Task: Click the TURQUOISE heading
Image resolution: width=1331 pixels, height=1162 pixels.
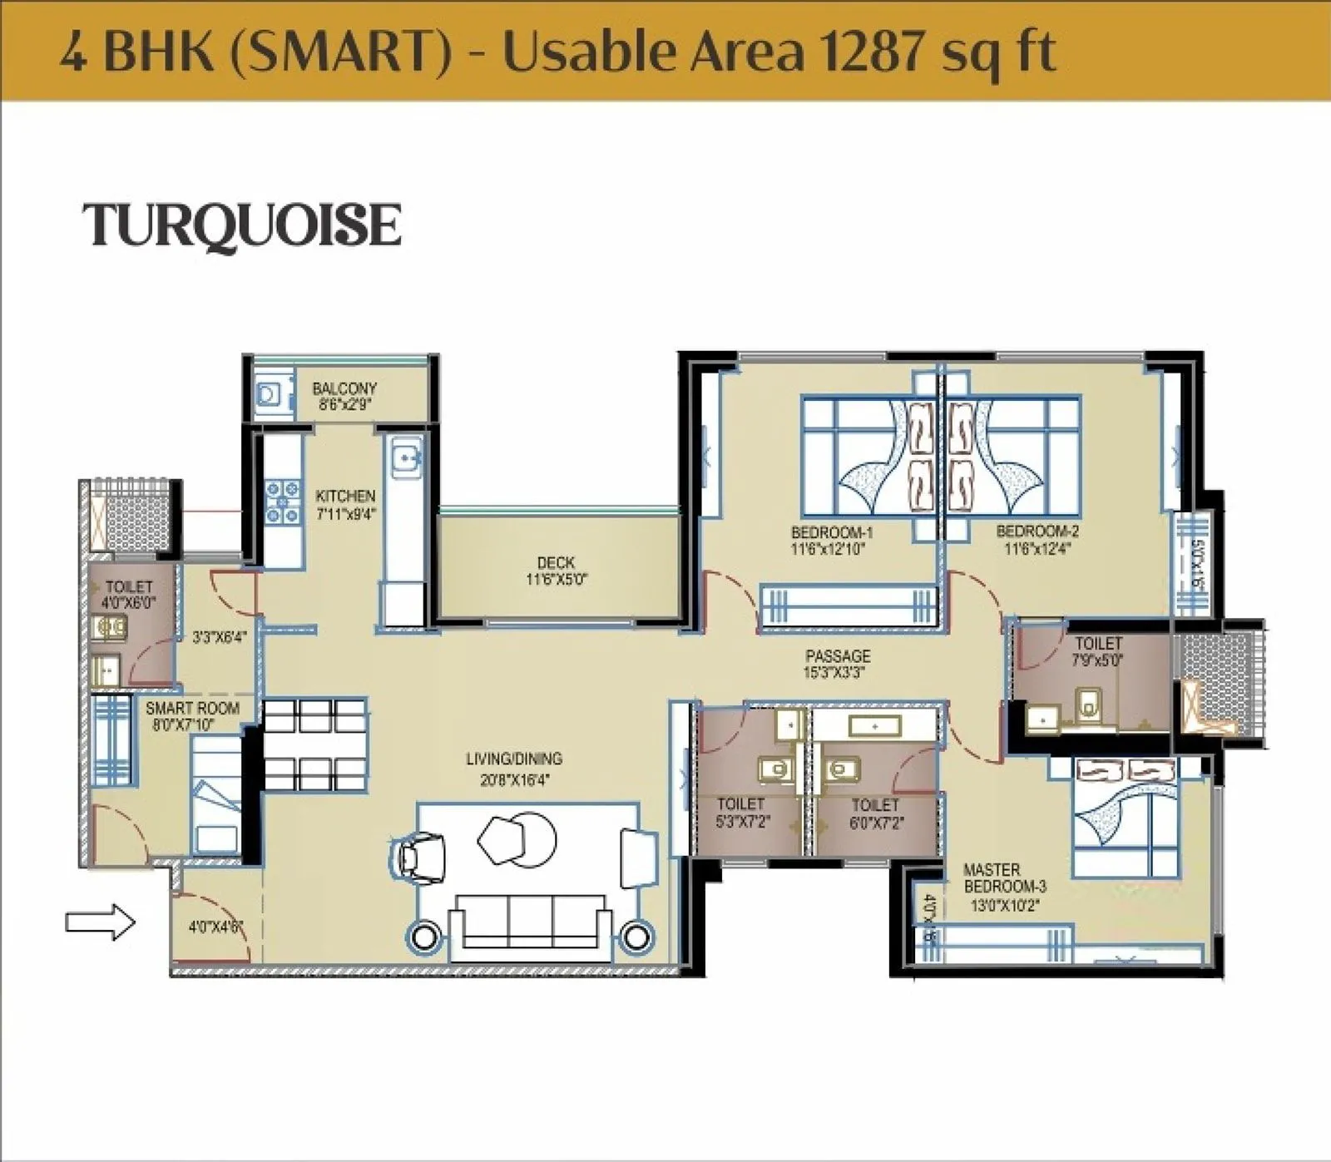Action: [x=241, y=225]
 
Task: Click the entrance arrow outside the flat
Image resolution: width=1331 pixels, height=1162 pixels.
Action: [x=100, y=922]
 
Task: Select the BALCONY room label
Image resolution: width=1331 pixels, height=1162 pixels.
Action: [x=344, y=388]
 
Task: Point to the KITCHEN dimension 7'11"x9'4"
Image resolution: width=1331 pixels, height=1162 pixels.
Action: [x=346, y=514]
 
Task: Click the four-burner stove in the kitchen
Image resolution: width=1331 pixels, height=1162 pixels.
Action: [x=282, y=502]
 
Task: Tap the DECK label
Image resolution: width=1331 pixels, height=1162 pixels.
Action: [x=556, y=563]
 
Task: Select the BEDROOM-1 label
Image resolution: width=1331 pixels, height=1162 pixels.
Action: [x=832, y=532]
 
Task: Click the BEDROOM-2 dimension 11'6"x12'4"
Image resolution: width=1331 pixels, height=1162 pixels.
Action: [x=1037, y=549]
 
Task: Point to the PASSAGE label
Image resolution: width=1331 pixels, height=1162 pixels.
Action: [x=838, y=655]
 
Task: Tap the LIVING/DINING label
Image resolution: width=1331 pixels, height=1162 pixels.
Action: [x=513, y=759]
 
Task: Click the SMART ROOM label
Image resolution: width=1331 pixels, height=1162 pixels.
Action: [x=192, y=709]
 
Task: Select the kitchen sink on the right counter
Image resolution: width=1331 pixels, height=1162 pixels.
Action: [x=404, y=459]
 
